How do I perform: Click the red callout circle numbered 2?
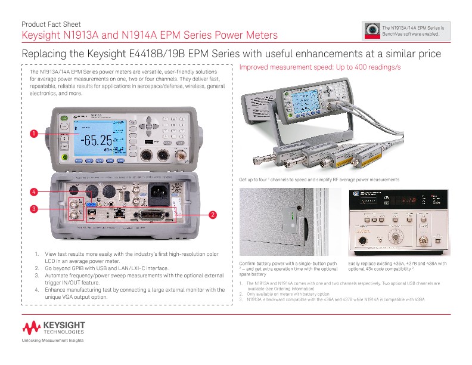pos(213,214)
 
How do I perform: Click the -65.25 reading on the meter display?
pos(97,141)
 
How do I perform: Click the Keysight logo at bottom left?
pos(54,327)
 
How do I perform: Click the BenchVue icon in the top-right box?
pos(372,31)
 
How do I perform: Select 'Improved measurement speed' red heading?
pos(319,67)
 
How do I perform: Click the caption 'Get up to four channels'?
pos(319,180)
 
